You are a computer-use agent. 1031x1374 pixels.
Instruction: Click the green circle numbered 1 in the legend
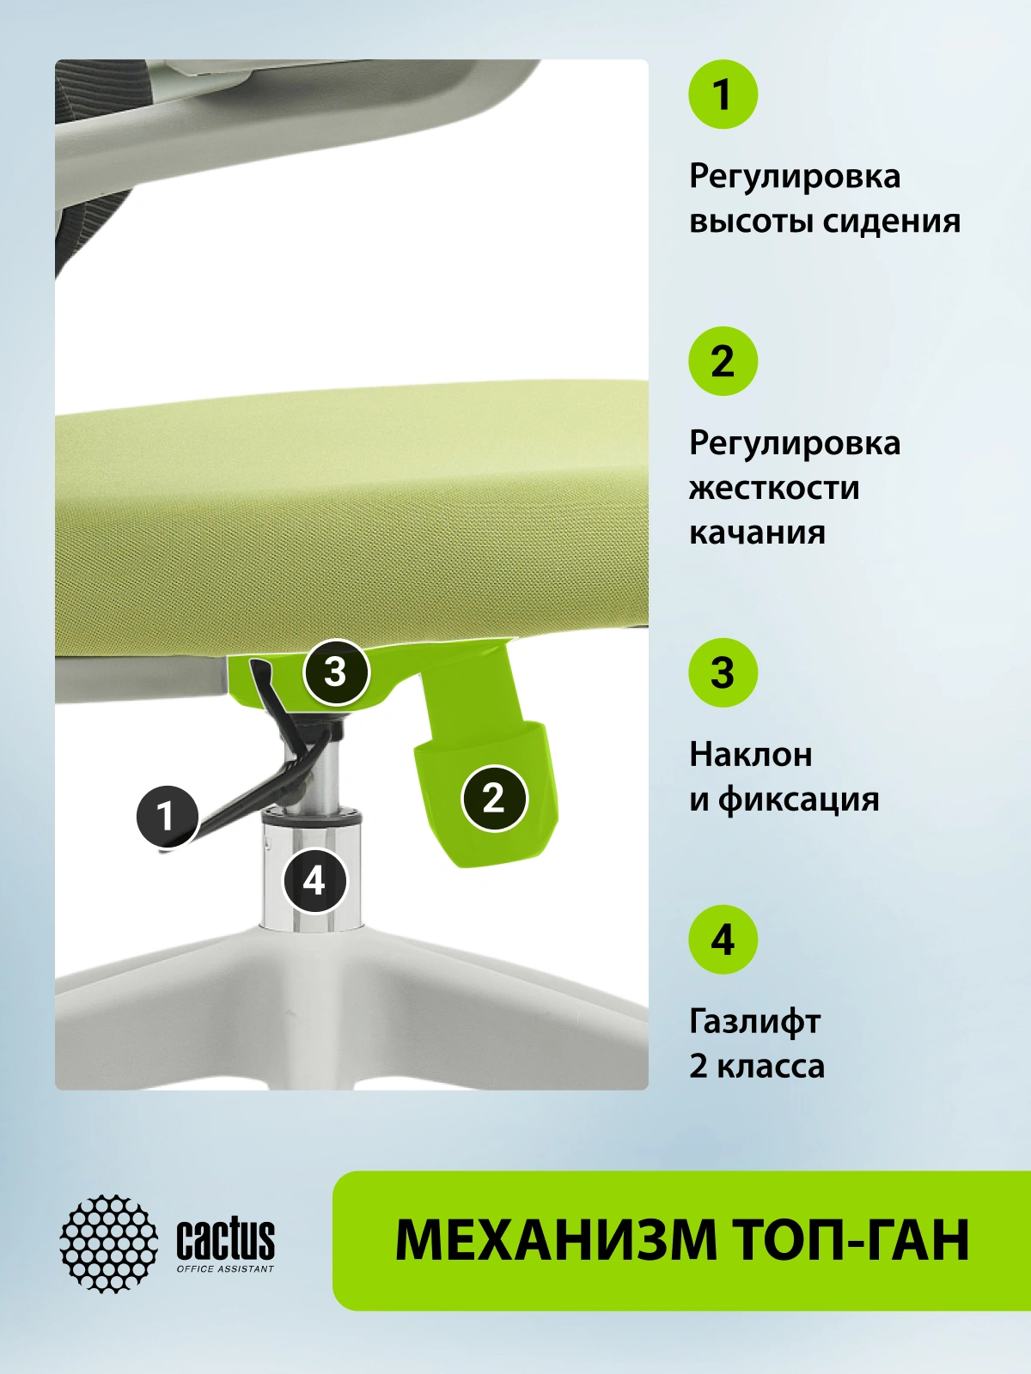click(723, 94)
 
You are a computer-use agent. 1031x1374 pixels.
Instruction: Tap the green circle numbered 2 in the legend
click(723, 362)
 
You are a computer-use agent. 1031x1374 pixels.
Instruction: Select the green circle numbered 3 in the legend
click(723, 673)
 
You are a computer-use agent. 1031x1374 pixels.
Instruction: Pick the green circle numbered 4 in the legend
click(723, 939)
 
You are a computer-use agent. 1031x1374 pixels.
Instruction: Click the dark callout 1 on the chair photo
click(168, 817)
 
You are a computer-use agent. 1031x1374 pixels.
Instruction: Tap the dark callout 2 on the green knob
click(494, 798)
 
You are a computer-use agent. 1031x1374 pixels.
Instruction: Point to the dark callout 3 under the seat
click(336, 672)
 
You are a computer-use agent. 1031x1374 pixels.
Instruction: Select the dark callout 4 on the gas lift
click(314, 881)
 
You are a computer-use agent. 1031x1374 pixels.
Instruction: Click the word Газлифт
click(754, 1022)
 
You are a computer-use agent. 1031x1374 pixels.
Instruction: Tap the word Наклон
click(751, 754)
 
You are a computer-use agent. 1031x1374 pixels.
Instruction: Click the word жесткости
click(774, 489)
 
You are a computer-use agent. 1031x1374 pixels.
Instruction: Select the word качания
click(758, 533)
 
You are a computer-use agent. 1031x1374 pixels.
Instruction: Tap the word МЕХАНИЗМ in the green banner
click(556, 1240)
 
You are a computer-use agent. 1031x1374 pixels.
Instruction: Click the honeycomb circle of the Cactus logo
click(109, 1243)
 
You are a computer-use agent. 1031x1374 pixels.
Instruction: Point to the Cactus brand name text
click(225, 1239)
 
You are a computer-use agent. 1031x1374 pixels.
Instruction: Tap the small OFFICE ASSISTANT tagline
click(225, 1269)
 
